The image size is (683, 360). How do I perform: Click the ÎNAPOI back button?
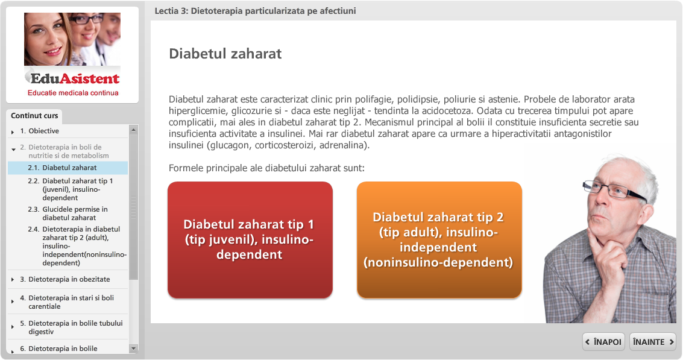[603, 342]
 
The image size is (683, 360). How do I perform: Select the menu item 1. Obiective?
[40, 131]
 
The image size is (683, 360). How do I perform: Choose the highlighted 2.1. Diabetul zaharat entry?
[68, 168]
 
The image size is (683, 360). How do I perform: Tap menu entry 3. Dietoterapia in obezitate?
[65, 279]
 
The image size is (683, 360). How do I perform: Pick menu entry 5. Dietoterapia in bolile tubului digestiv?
[72, 327]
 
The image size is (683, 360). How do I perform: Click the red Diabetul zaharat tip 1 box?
[250, 240]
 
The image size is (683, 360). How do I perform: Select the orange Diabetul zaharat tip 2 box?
[439, 240]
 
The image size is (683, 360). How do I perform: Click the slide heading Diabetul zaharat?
[225, 54]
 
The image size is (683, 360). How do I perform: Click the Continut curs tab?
[34, 116]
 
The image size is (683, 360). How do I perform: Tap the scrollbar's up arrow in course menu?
[134, 130]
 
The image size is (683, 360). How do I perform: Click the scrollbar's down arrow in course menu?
[134, 348]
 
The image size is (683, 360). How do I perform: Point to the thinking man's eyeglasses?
[614, 190]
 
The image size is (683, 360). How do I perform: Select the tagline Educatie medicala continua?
[73, 93]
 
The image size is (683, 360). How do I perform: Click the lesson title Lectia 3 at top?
[255, 11]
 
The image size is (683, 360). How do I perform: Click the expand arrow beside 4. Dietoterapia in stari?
[13, 302]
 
